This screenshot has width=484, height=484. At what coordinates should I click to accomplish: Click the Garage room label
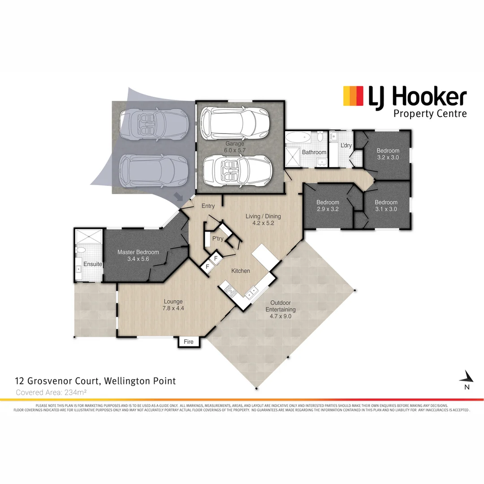tap(234, 147)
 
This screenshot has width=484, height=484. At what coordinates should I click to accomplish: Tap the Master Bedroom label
tap(138, 256)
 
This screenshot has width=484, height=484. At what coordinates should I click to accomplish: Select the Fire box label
tap(189, 342)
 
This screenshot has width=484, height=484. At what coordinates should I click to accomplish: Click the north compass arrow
tap(467, 377)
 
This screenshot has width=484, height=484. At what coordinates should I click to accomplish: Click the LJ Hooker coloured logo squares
tap(353, 96)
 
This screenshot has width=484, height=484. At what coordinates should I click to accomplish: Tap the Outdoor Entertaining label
tap(280, 309)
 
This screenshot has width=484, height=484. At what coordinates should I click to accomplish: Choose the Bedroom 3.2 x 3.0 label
tap(388, 154)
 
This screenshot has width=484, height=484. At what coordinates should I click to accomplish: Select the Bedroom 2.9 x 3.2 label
tap(328, 206)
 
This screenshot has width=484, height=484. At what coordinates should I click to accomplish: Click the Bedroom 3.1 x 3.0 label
tap(386, 206)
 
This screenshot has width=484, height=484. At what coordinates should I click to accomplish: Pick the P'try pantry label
tap(218, 238)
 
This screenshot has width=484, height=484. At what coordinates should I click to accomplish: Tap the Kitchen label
tap(241, 271)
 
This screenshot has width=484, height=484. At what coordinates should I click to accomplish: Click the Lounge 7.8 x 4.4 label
tap(173, 305)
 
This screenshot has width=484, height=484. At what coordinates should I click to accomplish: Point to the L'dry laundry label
tap(346, 146)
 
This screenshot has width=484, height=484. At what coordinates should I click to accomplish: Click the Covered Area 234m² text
tap(51, 392)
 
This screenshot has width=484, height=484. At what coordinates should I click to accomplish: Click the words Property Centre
tap(430, 113)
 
